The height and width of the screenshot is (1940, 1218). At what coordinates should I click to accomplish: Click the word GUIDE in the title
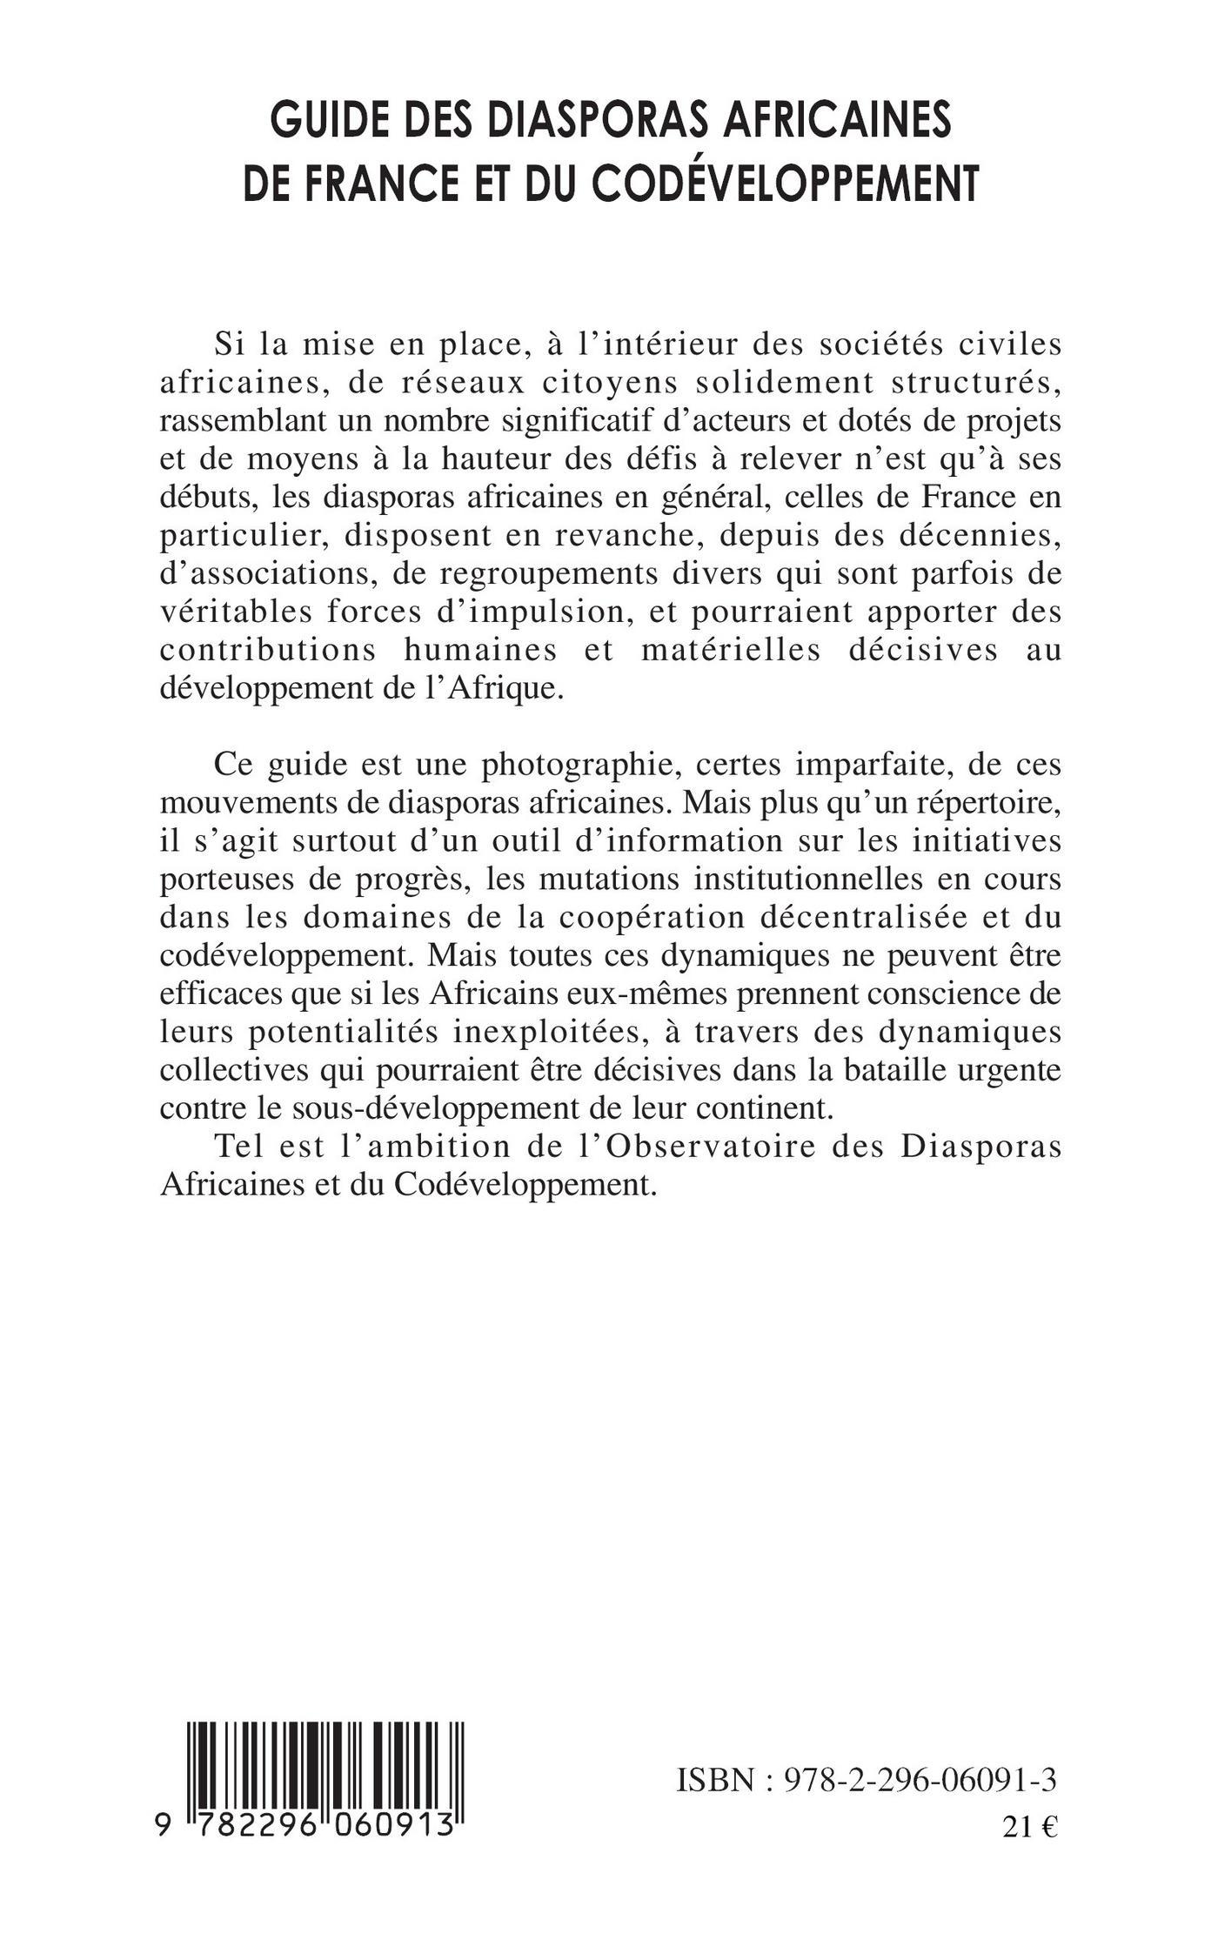click(326, 121)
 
